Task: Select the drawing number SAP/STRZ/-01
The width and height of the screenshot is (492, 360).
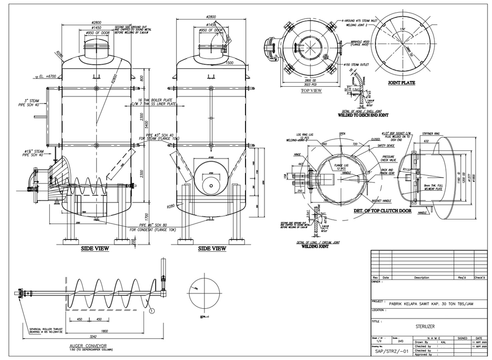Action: tap(392, 352)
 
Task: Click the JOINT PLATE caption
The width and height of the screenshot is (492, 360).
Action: tap(401, 83)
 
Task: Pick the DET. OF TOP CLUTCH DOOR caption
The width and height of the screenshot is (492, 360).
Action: tap(383, 210)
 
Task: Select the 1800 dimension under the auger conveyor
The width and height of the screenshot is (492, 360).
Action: tap(104, 331)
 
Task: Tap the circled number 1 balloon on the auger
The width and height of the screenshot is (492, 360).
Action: tap(152, 310)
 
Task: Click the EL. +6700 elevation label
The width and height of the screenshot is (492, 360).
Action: tap(46, 76)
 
